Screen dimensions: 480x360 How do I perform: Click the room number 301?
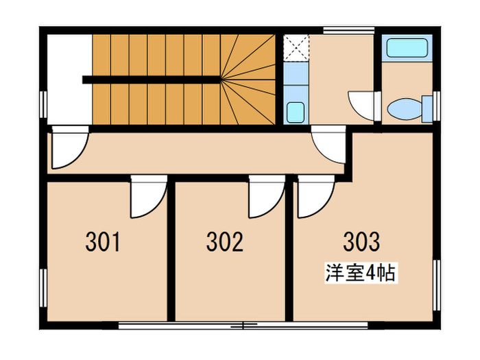(x=103, y=242)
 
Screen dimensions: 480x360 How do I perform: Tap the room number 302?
(x=225, y=242)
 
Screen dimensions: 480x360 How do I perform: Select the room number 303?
(x=361, y=241)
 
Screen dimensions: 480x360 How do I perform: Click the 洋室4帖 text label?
(x=361, y=273)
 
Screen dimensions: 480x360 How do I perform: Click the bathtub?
(x=407, y=48)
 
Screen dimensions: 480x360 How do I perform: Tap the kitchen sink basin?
(x=296, y=112)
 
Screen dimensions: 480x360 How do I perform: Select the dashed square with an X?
(x=296, y=48)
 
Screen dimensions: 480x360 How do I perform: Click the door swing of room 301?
(x=149, y=197)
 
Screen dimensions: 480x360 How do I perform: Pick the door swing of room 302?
(x=267, y=197)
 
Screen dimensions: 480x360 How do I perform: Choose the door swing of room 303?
(x=316, y=197)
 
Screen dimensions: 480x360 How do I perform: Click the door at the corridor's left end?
(x=71, y=147)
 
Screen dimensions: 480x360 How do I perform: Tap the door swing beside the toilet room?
(x=361, y=106)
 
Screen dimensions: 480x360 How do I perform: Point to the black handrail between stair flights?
(x=152, y=80)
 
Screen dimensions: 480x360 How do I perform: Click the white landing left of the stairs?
(x=69, y=80)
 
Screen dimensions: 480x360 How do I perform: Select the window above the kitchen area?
(x=349, y=30)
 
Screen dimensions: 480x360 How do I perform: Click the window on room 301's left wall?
(x=43, y=288)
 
